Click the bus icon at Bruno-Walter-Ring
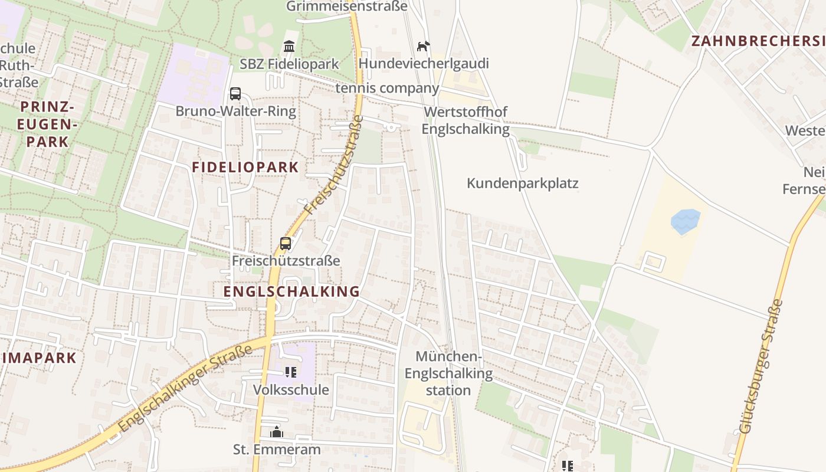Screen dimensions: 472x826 click(235, 94)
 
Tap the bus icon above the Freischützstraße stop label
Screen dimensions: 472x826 click(286, 243)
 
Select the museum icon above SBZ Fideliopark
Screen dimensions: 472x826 click(289, 46)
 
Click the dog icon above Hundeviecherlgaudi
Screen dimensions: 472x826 click(423, 46)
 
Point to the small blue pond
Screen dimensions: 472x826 click(686, 221)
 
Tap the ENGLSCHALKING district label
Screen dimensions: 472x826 click(291, 291)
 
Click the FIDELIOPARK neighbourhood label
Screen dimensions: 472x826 click(245, 168)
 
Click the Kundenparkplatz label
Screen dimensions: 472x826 click(522, 183)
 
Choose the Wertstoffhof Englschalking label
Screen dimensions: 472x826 click(466, 120)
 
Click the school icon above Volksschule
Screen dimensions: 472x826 click(290, 372)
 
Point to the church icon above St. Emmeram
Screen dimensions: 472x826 click(277, 432)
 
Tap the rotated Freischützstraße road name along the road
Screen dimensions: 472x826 click(333, 165)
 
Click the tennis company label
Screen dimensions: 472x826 click(387, 88)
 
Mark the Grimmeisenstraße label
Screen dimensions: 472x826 click(347, 6)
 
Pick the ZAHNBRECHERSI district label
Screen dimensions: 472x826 click(758, 41)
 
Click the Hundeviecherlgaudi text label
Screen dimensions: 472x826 click(424, 63)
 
